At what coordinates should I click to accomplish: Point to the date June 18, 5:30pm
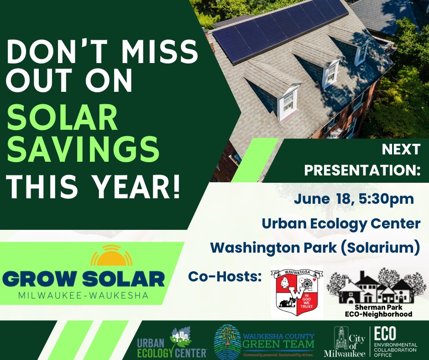point(354,199)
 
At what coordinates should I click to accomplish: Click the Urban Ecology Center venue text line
point(340,223)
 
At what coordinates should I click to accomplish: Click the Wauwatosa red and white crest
point(297,291)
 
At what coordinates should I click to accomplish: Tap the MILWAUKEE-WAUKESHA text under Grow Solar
point(83,296)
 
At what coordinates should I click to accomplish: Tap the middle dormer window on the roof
point(330,73)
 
